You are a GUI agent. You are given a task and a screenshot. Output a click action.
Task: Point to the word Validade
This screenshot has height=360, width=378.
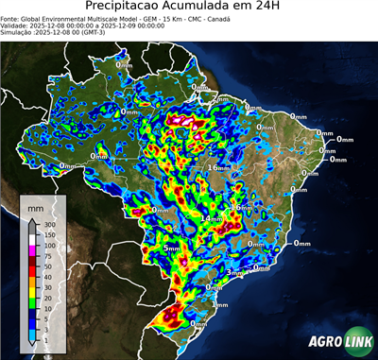pyautogui.click(x=16, y=25)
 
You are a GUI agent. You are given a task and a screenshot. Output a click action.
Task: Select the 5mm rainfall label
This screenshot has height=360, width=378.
pyautogui.click(x=171, y=248)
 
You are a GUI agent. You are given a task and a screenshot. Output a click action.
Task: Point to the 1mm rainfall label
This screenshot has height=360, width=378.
pyautogui.click(x=220, y=304)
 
